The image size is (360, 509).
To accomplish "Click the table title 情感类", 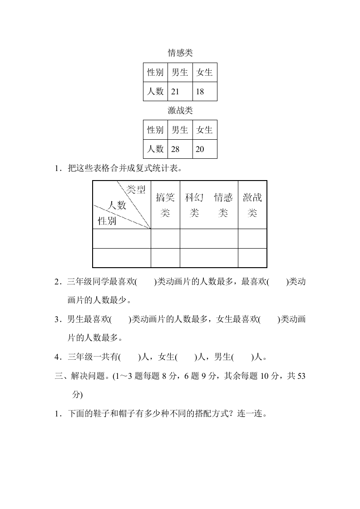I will pyautogui.click(x=180, y=53).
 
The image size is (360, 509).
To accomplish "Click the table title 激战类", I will pyautogui.click(x=180, y=110).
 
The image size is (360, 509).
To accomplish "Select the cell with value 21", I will pyautogui.click(x=180, y=92).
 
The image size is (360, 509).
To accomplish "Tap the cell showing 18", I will pyautogui.click(x=205, y=92).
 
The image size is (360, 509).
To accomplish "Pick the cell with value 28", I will pyautogui.click(x=180, y=149).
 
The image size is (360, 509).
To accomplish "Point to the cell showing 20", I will pyautogui.click(x=205, y=149).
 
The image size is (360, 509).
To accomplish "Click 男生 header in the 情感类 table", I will pyautogui.click(x=180, y=72).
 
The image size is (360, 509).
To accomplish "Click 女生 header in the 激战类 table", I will pyautogui.click(x=205, y=130).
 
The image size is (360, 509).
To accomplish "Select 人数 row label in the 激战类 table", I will pyautogui.click(x=155, y=149).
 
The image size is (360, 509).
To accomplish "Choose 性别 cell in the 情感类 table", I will pyautogui.click(x=155, y=72).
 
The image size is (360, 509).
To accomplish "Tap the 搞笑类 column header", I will pyautogui.click(x=165, y=205).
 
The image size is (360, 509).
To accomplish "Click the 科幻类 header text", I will pyautogui.click(x=194, y=205).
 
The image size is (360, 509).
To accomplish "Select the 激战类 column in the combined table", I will pyautogui.click(x=252, y=205).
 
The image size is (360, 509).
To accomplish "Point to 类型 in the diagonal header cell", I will pyautogui.click(x=136, y=189).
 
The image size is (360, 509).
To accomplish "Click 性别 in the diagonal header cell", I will pyautogui.click(x=107, y=221).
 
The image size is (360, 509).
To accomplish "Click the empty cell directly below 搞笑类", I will pyautogui.click(x=165, y=239).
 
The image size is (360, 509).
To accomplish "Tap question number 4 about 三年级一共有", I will pyautogui.click(x=57, y=357).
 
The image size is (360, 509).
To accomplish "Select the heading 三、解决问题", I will pyautogui.click(x=78, y=376).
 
